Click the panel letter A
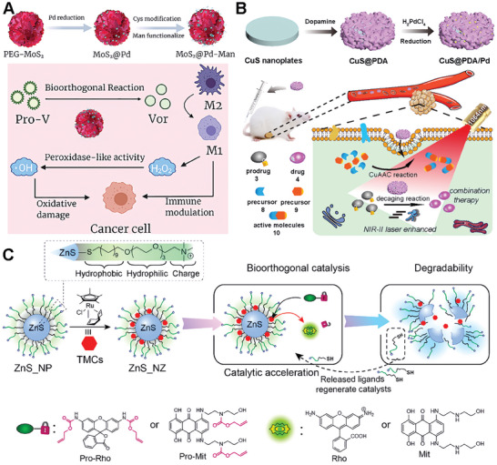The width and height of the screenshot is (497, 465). click(9, 8)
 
